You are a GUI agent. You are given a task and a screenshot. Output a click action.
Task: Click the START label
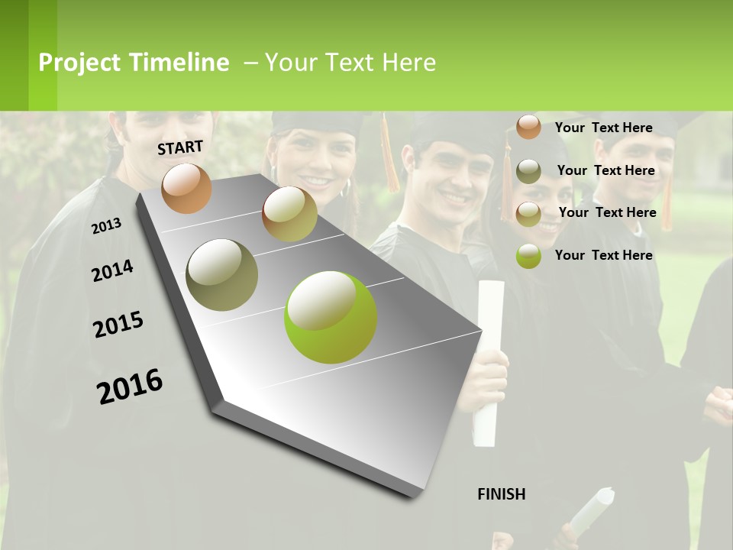[x=180, y=147]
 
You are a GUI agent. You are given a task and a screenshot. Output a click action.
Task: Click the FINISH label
[x=502, y=494]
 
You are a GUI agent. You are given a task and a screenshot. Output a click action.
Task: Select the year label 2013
[x=106, y=226]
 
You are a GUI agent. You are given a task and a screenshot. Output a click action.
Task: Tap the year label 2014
[x=112, y=270]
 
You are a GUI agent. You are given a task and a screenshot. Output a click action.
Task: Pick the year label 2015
[x=118, y=325]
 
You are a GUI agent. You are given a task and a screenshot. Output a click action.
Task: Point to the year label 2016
[x=130, y=386]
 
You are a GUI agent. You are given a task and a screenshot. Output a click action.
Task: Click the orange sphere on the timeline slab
[x=187, y=189]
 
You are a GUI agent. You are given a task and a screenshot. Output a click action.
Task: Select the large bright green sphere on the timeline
[x=331, y=316]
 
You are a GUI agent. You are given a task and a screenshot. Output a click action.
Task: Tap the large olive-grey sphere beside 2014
[x=222, y=274]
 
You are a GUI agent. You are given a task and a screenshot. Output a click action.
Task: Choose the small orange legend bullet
[x=528, y=127]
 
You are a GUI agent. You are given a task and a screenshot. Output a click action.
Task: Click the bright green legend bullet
[x=528, y=255]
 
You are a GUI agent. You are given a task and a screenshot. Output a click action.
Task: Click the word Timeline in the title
[x=179, y=63]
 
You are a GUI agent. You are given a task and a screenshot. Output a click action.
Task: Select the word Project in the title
[x=79, y=63]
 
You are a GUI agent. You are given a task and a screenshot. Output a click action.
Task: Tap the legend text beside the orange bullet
[x=603, y=128]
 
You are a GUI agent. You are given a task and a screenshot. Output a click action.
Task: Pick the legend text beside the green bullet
[x=603, y=255]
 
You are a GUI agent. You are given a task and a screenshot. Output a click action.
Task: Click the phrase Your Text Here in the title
[x=350, y=63]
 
